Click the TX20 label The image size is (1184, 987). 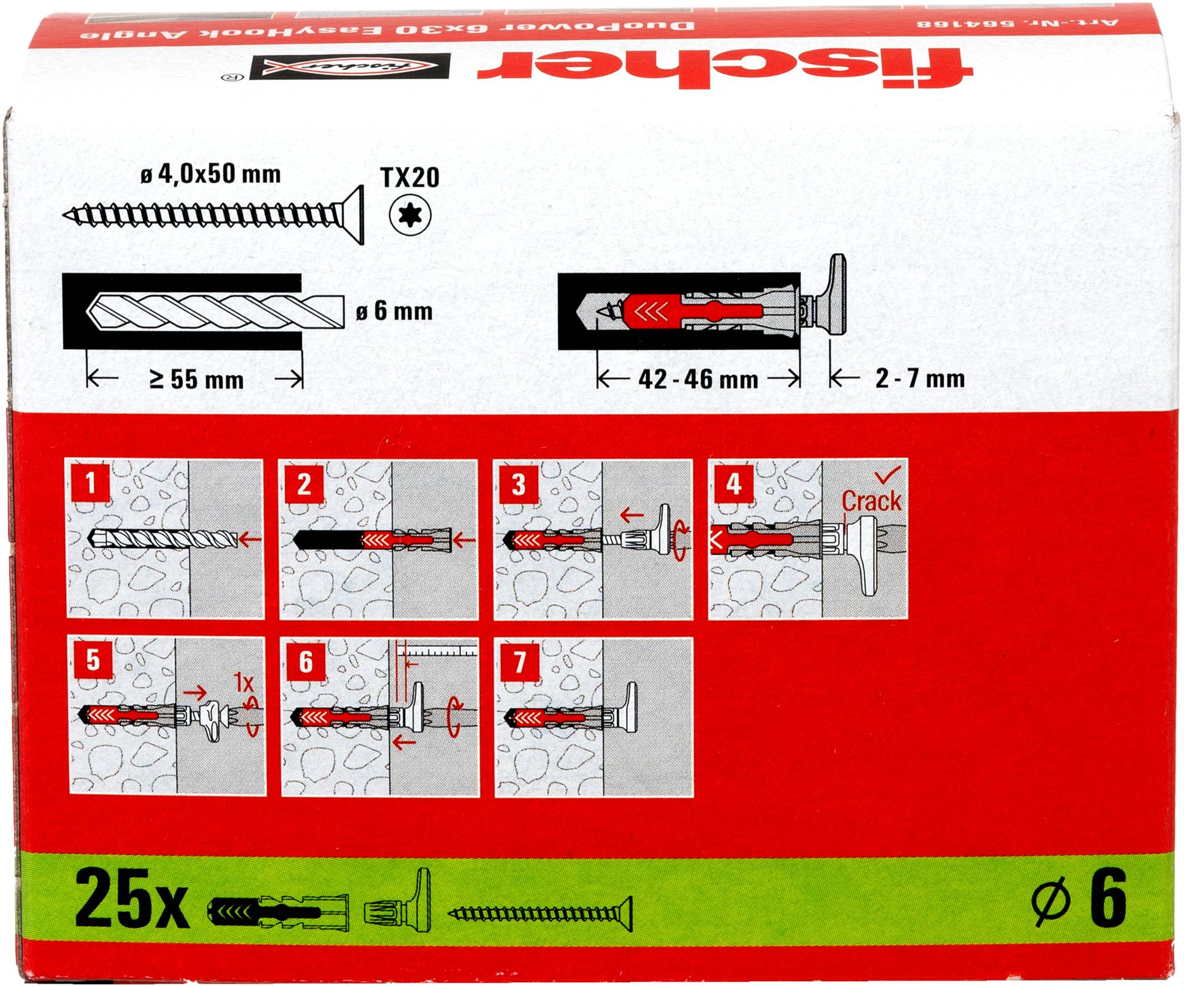coord(410,177)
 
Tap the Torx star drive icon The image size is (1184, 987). coord(410,218)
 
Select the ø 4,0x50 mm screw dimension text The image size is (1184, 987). coord(211,174)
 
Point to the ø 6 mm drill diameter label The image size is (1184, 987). coord(395,311)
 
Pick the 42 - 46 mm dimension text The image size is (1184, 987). coord(698,380)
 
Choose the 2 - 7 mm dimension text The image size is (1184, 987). coord(920,378)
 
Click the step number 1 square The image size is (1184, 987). coord(90,484)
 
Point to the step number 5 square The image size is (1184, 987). coord(93,660)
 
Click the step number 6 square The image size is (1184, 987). coord(306,662)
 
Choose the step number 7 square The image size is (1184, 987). coord(519,662)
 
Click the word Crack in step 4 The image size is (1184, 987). coord(871,501)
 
